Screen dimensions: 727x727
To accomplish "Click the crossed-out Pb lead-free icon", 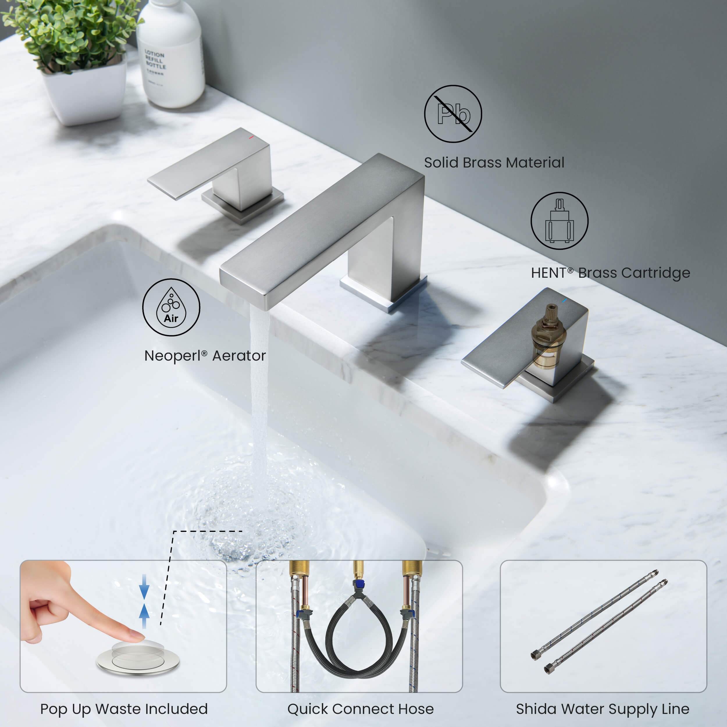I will tap(453, 114).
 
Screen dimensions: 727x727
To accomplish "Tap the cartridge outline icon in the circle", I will tap(559, 221).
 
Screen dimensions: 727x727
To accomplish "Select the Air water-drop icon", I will tap(171, 307).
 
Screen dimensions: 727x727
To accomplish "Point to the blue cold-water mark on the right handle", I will tap(564, 301).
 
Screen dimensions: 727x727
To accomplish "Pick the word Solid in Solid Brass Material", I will tap(441, 163).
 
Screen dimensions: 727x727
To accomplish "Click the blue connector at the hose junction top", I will tap(358, 585).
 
